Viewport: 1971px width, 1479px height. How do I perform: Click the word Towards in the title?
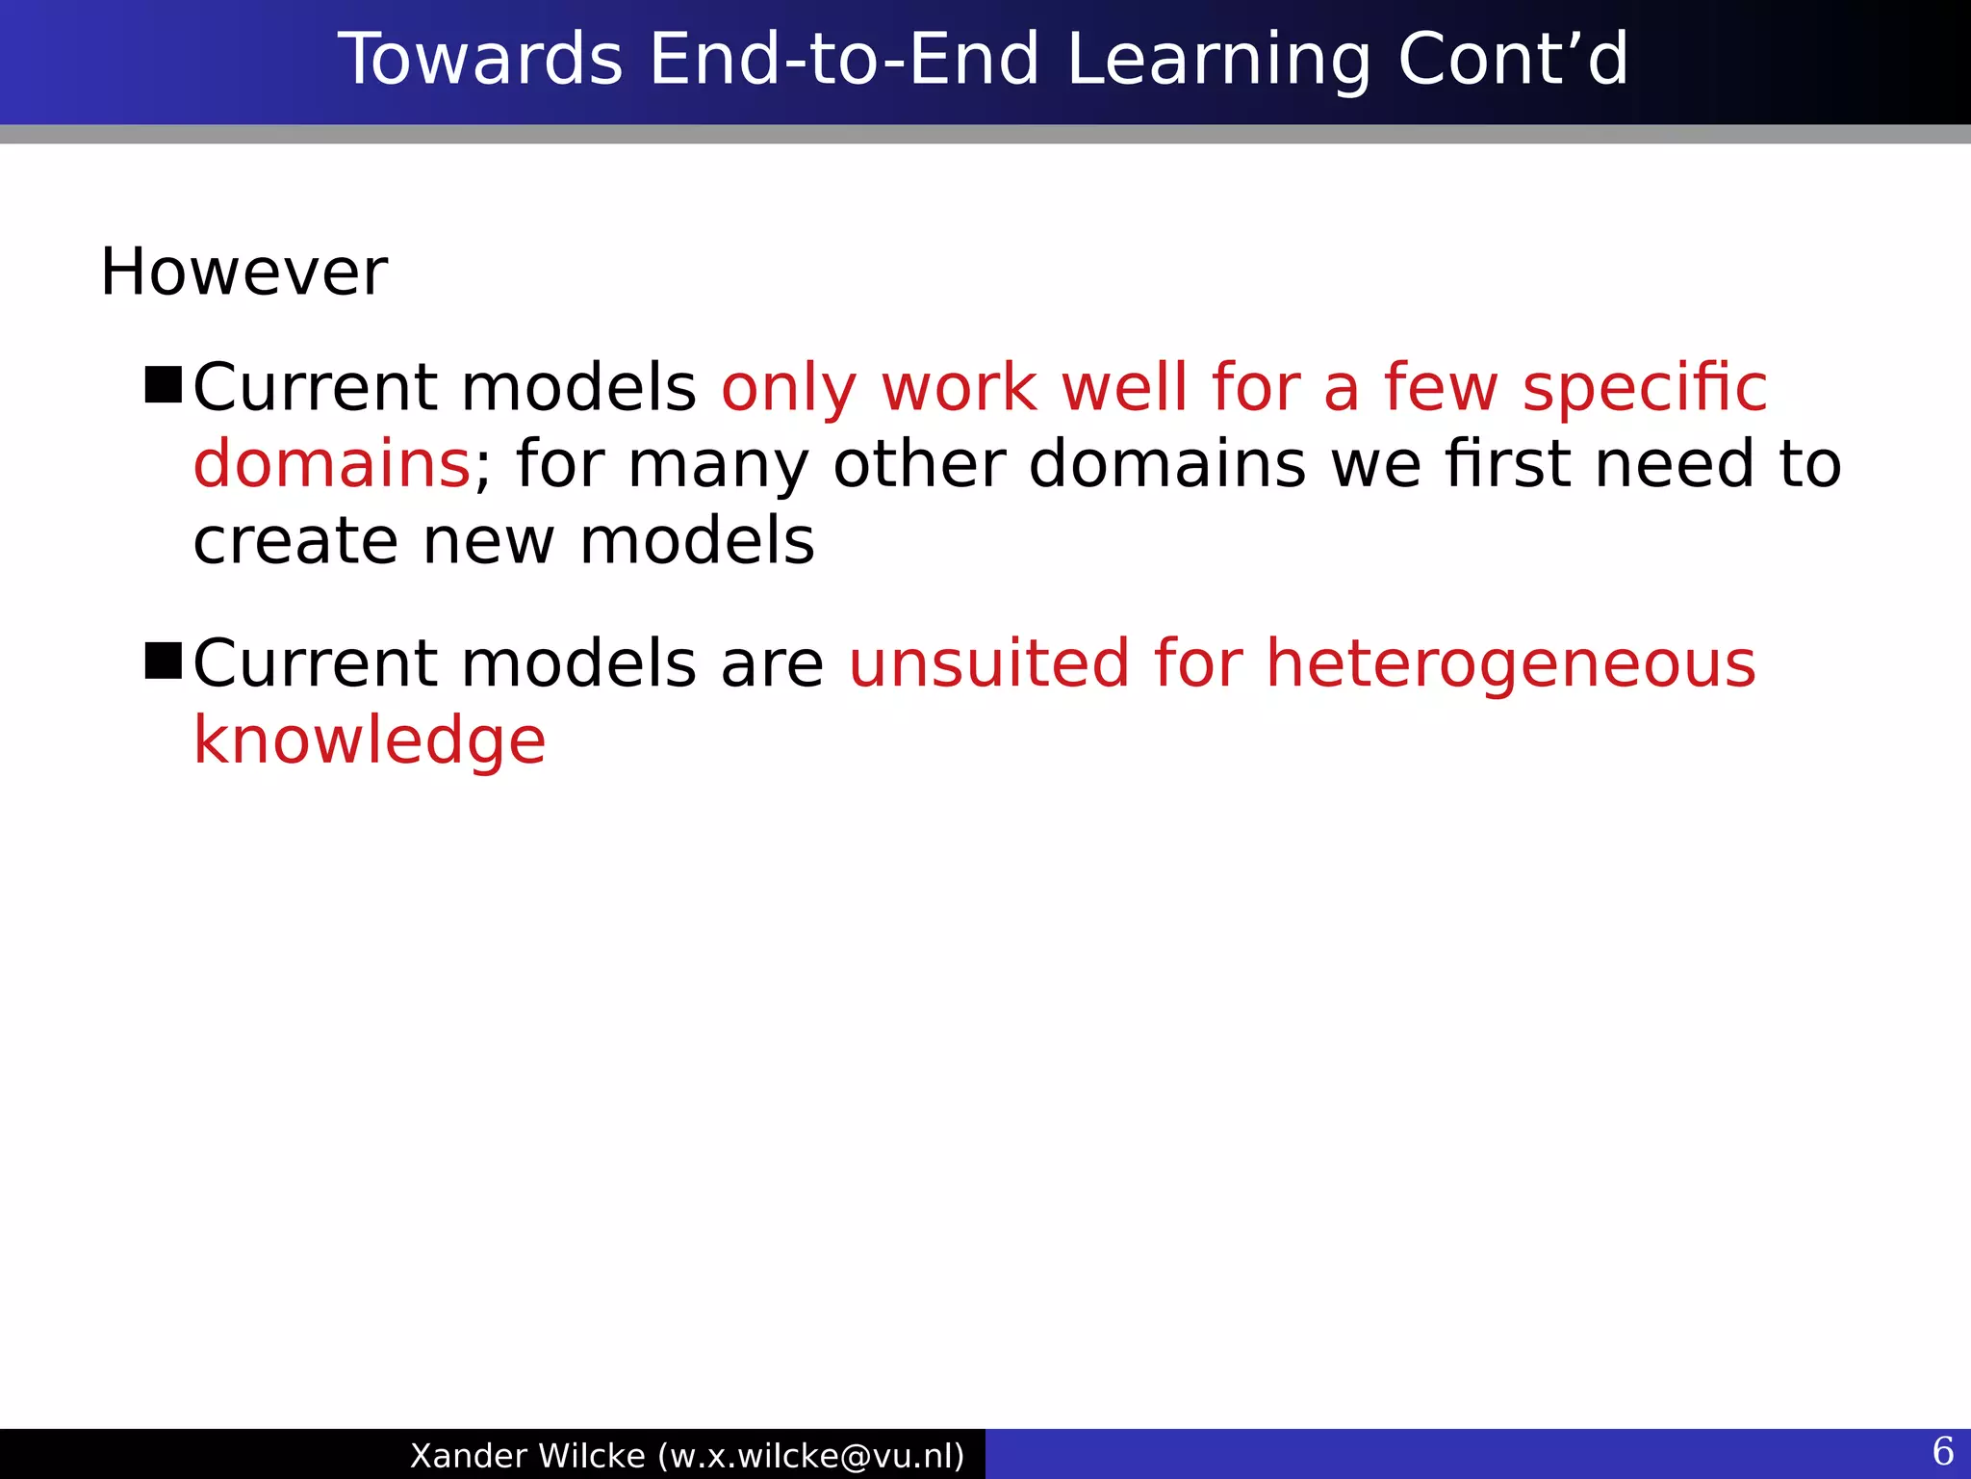tap(479, 60)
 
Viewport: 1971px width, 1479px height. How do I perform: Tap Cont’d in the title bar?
tap(1512, 60)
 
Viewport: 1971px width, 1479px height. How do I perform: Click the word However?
tap(243, 272)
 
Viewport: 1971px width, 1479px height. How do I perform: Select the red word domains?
tap(331, 464)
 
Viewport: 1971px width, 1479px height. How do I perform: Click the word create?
tap(294, 541)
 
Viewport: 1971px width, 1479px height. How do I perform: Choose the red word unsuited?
tap(988, 664)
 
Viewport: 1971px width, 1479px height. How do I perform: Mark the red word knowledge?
tap(370, 742)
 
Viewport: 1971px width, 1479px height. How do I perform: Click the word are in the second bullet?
tap(772, 666)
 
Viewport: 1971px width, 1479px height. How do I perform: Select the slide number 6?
tap(1942, 1451)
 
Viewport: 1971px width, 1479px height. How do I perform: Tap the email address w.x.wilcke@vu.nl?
tap(810, 1456)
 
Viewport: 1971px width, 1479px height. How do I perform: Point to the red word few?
tap(1441, 388)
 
